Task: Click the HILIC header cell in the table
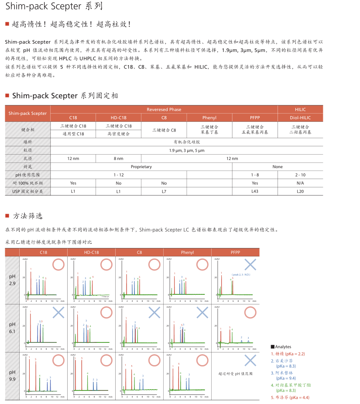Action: pos(300,109)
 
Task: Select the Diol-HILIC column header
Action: pos(300,117)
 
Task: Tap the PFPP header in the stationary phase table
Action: pos(255,117)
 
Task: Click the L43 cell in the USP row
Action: pos(255,191)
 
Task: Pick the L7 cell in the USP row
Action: pos(164,191)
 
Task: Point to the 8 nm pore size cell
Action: pos(118,158)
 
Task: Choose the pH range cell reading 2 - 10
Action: pos(300,175)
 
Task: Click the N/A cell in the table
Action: pos(300,183)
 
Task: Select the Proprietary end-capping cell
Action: pos(141,166)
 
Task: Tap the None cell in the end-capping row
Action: pos(278,166)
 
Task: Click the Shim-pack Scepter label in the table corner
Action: pos(27,113)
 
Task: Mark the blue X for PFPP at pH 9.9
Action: pos(250,360)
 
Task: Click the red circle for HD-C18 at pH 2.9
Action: pos(106,264)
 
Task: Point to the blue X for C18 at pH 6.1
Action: pos(58,312)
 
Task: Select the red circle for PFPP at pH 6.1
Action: pos(250,312)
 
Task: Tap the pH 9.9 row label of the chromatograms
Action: pos(12,376)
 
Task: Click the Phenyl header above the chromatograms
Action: pos(187,252)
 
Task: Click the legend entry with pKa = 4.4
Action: pos(290,397)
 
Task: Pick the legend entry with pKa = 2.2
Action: pos(288,354)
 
